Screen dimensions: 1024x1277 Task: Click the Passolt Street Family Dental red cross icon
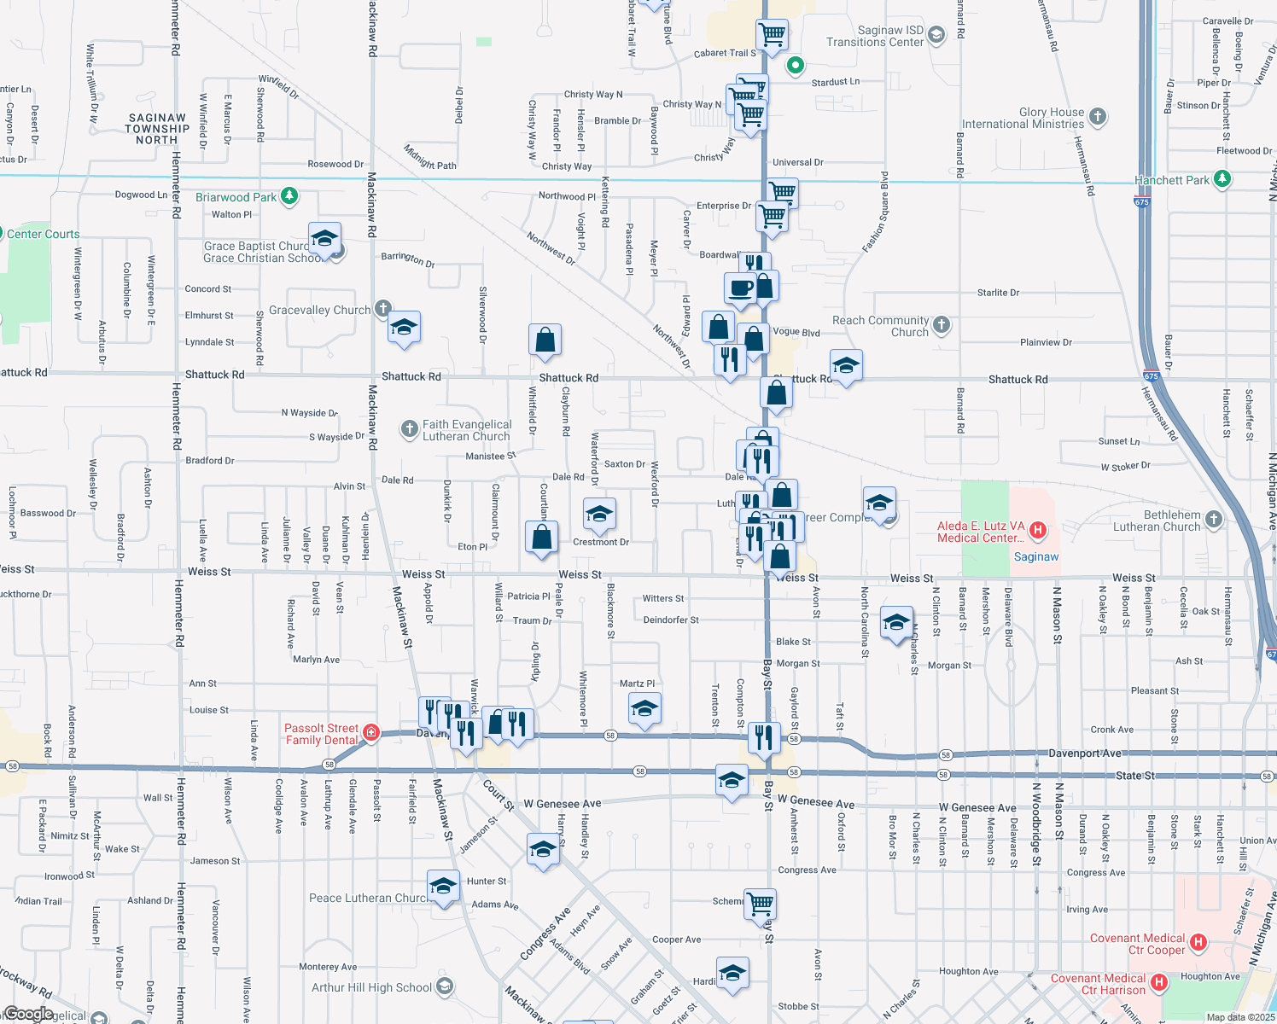[x=371, y=732]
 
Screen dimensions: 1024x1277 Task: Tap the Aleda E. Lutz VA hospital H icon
[x=1038, y=531]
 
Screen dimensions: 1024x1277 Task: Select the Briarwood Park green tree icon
[x=289, y=196]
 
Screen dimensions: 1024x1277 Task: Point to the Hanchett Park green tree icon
[x=1222, y=178]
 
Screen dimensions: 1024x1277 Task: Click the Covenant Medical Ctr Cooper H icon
[x=1198, y=942]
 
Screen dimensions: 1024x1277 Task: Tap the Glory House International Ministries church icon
[x=1099, y=116]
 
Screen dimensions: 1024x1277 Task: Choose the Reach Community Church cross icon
[x=942, y=324]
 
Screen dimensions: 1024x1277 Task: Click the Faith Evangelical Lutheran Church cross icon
[x=410, y=428]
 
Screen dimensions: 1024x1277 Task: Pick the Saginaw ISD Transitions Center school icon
[x=936, y=35]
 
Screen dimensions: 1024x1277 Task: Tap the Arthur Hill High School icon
[x=444, y=987]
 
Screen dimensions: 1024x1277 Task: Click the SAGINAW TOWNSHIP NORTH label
[x=157, y=129]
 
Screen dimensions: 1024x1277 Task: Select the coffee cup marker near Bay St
[x=740, y=288]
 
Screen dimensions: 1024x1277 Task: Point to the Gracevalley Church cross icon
[x=383, y=308]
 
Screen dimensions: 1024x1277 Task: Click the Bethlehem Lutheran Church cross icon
[x=1214, y=519]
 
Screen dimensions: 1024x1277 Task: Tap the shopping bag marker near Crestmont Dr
[x=542, y=538]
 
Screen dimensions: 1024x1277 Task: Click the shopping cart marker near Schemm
[x=760, y=903]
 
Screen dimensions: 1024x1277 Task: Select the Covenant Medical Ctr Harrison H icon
[x=1159, y=982]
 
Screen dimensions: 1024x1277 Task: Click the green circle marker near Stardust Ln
[x=796, y=65]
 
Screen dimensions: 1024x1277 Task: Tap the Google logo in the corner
[x=27, y=1014]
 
